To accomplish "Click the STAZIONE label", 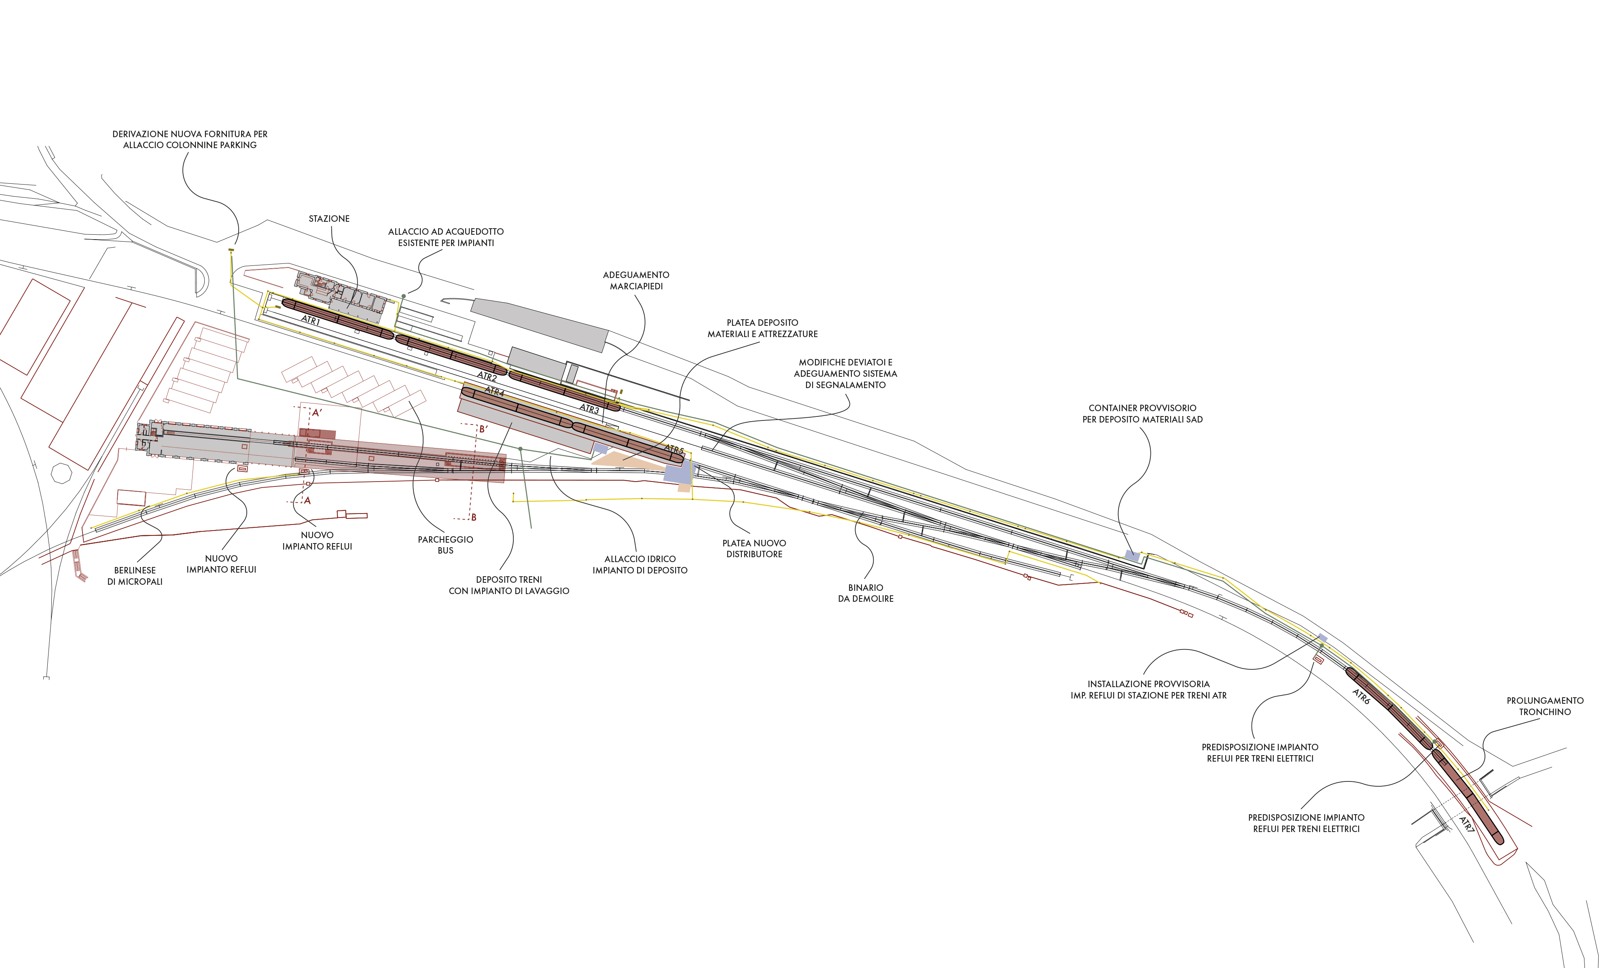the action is coord(329,219).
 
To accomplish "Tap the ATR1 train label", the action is coord(311,320).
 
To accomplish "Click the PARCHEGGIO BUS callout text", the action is coord(445,545).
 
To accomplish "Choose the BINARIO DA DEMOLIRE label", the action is coord(866,593).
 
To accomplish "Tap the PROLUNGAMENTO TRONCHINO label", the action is coord(1545,706).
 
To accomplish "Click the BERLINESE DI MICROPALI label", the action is coord(135,576).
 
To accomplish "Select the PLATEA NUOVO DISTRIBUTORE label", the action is coord(754,549).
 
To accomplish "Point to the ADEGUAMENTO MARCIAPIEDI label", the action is coord(636,280).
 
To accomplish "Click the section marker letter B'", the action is coord(483,429).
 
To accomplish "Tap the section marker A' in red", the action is coord(317,413).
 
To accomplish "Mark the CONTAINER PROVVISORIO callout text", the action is coord(1143,414).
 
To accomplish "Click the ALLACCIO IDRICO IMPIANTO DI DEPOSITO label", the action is coord(640,564).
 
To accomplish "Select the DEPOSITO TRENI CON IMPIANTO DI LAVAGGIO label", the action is coord(509,585).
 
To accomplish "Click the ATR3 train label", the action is coord(589,410).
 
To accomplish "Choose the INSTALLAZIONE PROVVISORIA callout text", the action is coord(1149,690).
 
